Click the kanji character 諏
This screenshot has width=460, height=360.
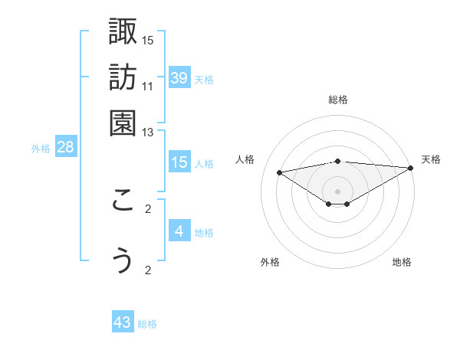click(x=123, y=33)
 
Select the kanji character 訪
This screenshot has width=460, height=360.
click(x=123, y=78)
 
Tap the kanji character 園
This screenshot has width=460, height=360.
click(x=123, y=123)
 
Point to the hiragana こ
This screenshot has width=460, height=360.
click(x=123, y=201)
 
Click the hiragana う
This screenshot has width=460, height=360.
click(x=123, y=260)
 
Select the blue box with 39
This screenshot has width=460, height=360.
click(x=179, y=77)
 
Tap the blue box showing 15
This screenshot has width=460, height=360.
click(x=179, y=162)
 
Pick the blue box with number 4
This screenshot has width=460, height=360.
click(x=179, y=231)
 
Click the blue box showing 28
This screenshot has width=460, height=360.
click(x=65, y=147)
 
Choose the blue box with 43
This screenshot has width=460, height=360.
click(x=123, y=322)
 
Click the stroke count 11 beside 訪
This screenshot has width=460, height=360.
click(x=148, y=86)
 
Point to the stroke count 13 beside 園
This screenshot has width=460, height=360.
click(x=148, y=133)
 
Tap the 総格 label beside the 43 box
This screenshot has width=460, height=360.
click(x=147, y=324)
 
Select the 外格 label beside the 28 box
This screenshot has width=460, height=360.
click(x=40, y=149)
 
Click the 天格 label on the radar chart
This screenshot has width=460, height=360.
click(x=431, y=159)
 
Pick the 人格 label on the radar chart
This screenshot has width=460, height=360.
click(x=245, y=159)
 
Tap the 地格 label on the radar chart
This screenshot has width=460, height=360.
click(x=402, y=262)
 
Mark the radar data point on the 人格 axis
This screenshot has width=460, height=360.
click(x=279, y=172)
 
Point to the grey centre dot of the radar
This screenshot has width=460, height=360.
click(x=337, y=191)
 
